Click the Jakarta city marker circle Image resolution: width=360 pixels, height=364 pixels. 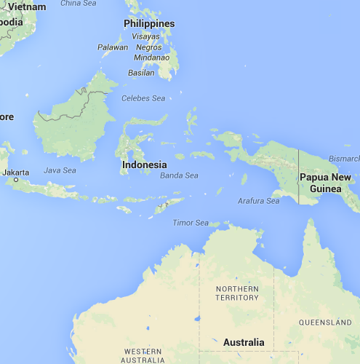(x=15, y=178)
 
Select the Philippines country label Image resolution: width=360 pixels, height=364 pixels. (x=149, y=23)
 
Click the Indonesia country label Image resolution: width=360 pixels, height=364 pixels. (x=144, y=165)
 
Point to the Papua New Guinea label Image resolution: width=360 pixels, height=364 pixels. (x=325, y=183)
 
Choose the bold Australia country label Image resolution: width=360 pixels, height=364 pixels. (x=244, y=342)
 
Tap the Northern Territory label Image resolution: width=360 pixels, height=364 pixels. (x=237, y=293)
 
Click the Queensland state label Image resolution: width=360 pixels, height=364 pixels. (x=325, y=322)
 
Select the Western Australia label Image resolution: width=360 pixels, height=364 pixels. (x=143, y=355)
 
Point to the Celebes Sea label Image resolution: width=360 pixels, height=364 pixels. (x=143, y=98)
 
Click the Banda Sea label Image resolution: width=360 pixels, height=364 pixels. (x=179, y=175)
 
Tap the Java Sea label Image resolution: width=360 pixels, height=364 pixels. (x=60, y=170)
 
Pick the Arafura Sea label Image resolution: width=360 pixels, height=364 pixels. (x=258, y=201)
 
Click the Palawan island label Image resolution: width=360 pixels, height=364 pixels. (x=113, y=47)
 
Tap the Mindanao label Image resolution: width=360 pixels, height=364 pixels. (x=152, y=57)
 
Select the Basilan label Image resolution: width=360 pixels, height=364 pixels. (x=141, y=72)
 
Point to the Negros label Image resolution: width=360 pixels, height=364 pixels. (x=148, y=47)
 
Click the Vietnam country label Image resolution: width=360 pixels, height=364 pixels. (x=22, y=6)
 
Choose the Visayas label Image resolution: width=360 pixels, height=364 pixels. (x=145, y=36)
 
